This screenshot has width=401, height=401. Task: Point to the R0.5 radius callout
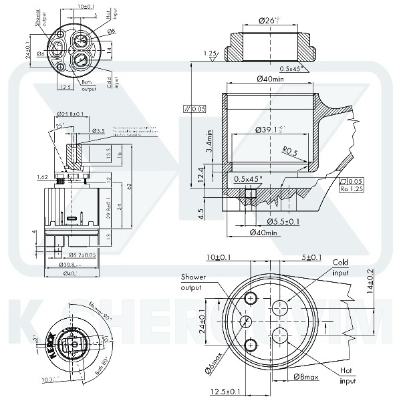pyautogui.click(x=289, y=151)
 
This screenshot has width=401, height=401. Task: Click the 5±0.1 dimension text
pyautogui.click(x=311, y=257)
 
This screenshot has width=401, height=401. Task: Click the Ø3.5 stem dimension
pyautogui.click(x=99, y=130)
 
